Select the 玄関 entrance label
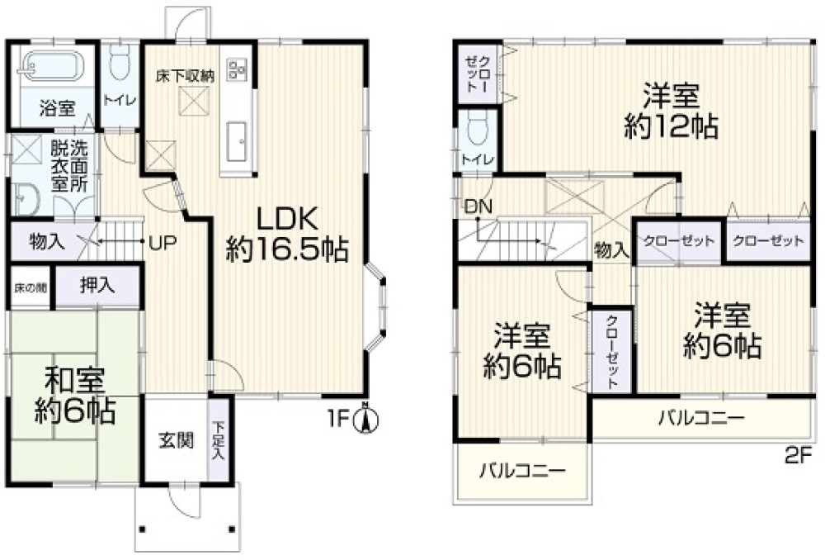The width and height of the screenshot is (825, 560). [x=176, y=439]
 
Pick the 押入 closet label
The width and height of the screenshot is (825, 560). [x=98, y=287]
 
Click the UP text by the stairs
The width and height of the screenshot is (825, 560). [x=162, y=243]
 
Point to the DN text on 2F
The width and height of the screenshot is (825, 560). [x=477, y=206]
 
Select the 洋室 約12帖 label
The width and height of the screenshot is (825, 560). [x=670, y=111]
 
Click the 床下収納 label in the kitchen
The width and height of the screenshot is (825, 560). [x=186, y=76]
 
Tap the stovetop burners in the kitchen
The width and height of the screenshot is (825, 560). [x=238, y=68]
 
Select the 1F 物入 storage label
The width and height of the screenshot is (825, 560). [x=48, y=242]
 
